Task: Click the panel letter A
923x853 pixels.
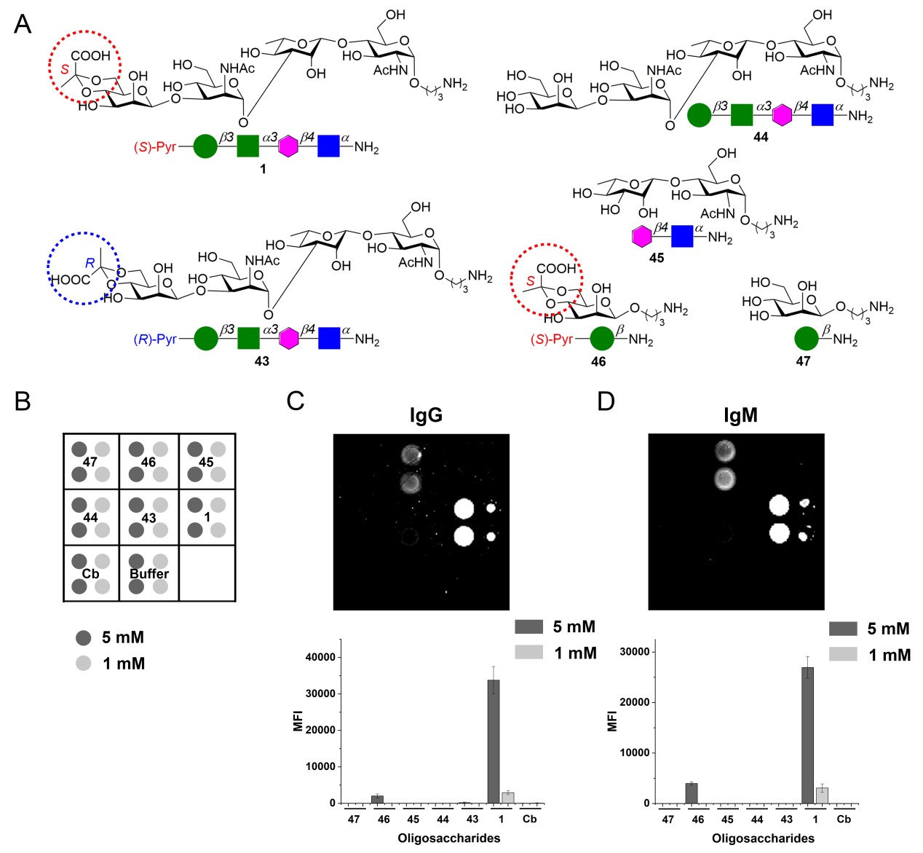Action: click(x=23, y=24)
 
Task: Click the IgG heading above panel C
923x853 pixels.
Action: click(x=426, y=415)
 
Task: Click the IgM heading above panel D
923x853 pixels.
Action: click(x=740, y=415)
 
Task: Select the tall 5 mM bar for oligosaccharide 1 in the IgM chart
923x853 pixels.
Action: click(x=808, y=735)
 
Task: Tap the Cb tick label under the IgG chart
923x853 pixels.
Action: click(x=530, y=819)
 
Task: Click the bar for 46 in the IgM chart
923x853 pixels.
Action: click(x=692, y=793)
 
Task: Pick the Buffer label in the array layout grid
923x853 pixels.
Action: click(x=149, y=573)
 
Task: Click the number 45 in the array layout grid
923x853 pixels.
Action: click(x=206, y=462)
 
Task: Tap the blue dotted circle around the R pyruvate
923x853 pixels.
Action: click(x=83, y=268)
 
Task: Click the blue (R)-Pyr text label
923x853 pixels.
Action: click(x=155, y=339)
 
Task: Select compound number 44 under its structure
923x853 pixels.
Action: click(x=761, y=137)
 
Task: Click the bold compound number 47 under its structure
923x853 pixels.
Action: click(x=803, y=361)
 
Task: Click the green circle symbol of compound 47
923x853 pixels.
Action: click(x=806, y=339)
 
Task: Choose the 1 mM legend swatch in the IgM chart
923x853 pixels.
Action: click(x=843, y=655)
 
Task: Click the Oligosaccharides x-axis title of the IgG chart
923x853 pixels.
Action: click(x=448, y=838)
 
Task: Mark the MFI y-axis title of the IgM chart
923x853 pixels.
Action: click(x=613, y=720)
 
